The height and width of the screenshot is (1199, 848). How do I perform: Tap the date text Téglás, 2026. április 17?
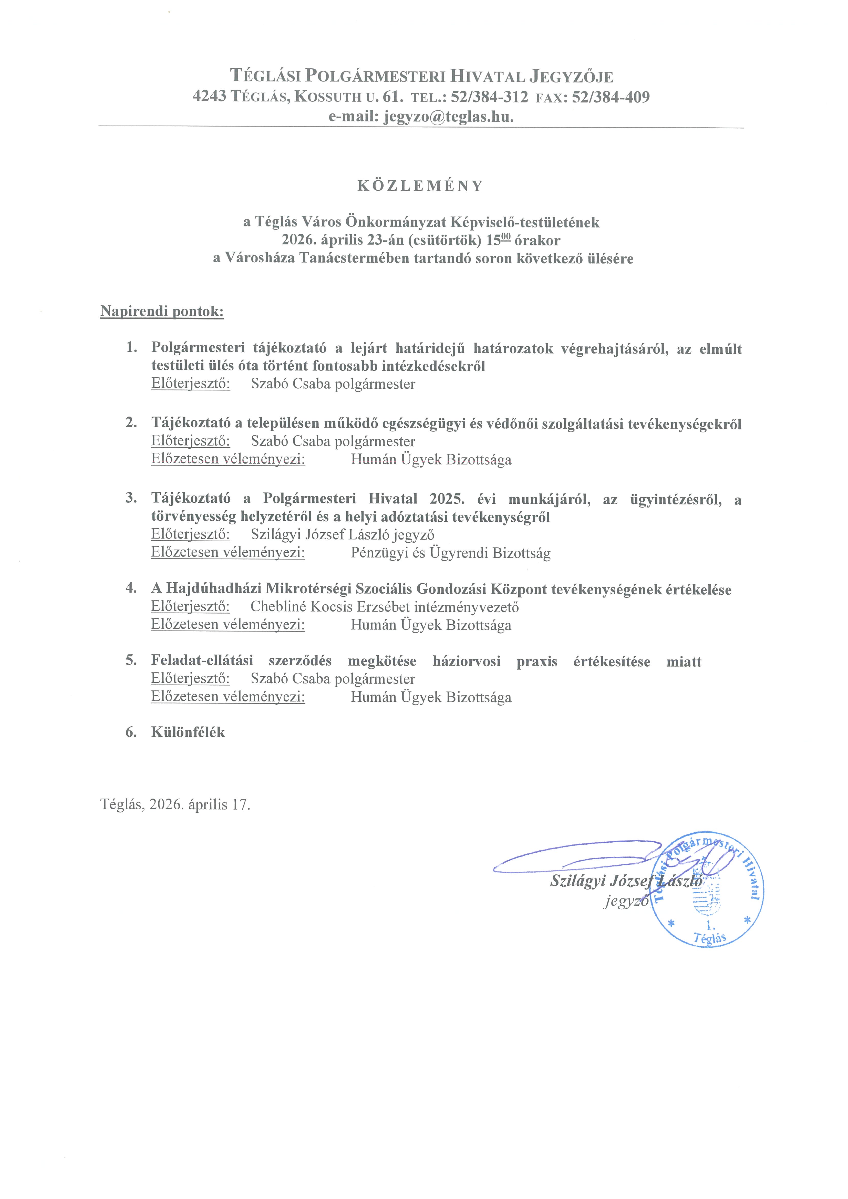(x=175, y=804)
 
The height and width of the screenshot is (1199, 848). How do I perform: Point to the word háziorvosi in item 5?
(x=466, y=662)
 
